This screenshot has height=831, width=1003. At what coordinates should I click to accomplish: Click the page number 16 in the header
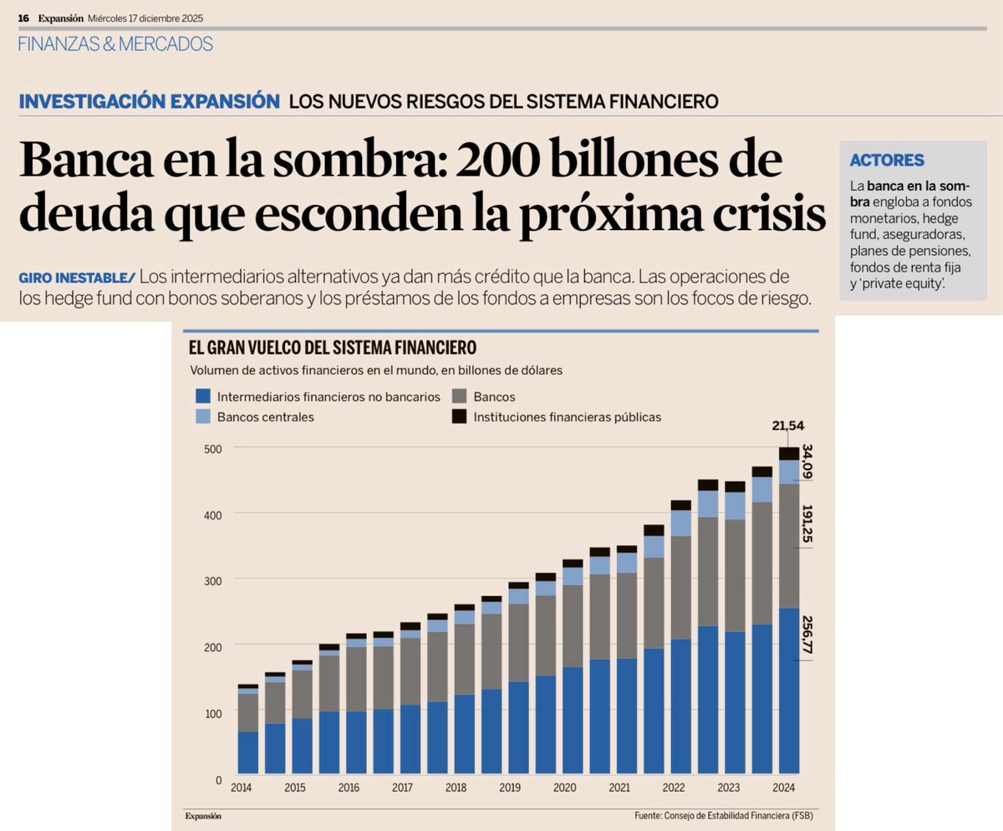point(23,18)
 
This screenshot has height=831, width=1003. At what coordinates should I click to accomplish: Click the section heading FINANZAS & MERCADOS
point(115,44)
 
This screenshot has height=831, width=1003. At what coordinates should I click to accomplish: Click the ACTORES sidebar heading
point(887,160)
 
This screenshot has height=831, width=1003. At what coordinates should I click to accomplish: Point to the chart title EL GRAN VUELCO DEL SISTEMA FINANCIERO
point(333,347)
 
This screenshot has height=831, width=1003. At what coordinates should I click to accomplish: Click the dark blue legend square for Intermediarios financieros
point(201,396)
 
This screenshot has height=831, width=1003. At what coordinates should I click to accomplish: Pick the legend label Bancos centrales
point(265,416)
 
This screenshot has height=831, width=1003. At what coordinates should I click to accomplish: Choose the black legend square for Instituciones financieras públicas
point(459,416)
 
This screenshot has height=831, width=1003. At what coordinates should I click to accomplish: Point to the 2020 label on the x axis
point(564,788)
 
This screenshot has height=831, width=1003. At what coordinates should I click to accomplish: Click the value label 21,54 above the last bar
point(788,426)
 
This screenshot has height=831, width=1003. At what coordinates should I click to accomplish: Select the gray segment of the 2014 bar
point(248,712)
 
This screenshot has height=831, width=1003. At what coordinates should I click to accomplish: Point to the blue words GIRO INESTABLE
point(75,277)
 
